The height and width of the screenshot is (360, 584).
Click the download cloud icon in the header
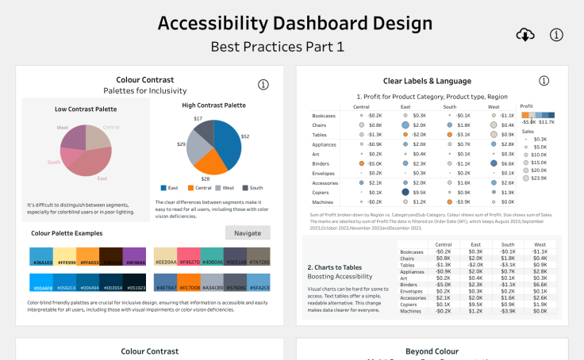[x=524, y=34]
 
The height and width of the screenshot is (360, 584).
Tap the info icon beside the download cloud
[x=556, y=34]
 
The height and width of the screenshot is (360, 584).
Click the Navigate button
[x=248, y=232]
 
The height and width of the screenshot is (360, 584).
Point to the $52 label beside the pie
[x=245, y=136]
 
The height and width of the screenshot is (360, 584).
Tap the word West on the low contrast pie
[x=62, y=127]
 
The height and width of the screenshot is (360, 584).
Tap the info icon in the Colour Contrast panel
[x=263, y=85]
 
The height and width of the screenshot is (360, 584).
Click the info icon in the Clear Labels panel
[x=544, y=81]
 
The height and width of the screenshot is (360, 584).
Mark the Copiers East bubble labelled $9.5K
[x=405, y=193]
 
